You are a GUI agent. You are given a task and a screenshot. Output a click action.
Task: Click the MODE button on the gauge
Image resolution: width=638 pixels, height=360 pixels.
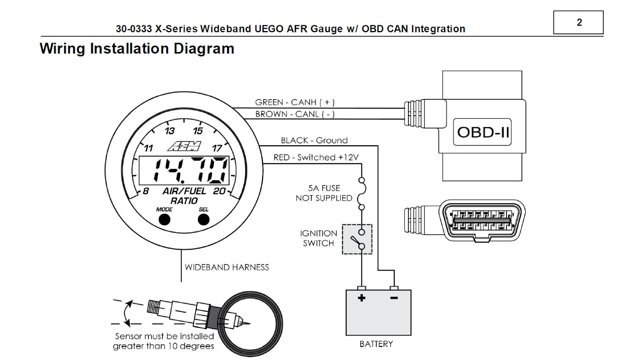point(164,219)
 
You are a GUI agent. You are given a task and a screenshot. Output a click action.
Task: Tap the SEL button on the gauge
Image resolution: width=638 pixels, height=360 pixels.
point(203,219)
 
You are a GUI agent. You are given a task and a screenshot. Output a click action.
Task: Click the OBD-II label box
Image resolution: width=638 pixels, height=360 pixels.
point(482,132)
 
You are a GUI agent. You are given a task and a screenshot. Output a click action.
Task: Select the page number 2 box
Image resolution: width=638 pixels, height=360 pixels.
point(578,22)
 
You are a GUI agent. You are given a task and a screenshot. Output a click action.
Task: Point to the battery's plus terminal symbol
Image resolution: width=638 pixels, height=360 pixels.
point(361,298)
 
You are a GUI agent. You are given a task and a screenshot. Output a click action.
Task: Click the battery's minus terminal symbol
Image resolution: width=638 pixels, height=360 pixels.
point(394,298)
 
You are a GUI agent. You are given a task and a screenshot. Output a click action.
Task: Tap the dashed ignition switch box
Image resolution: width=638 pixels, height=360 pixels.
point(357,239)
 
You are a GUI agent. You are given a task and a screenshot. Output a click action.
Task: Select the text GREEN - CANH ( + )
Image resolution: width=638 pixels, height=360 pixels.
point(294,102)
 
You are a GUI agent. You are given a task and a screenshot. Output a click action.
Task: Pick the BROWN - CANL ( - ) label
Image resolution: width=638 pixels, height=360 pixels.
point(294,114)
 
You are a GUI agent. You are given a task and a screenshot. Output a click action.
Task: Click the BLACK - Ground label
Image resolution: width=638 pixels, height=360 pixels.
point(314,141)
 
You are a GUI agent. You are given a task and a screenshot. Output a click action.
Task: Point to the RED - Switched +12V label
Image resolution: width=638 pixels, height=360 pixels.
point(315,157)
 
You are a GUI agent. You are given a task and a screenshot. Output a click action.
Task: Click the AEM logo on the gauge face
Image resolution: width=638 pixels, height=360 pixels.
point(184,145)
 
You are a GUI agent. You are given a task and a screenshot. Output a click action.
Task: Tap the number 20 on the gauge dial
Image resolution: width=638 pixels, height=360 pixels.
point(219,191)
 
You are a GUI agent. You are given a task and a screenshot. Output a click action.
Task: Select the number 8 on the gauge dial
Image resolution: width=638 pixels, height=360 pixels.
point(146,191)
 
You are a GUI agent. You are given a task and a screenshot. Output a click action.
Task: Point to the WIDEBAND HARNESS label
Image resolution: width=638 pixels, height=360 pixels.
point(227,267)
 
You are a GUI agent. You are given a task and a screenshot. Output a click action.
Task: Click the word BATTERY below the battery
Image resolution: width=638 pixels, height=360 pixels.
point(376,344)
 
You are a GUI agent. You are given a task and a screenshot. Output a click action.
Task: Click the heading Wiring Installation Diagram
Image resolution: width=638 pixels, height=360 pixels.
point(137,49)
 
